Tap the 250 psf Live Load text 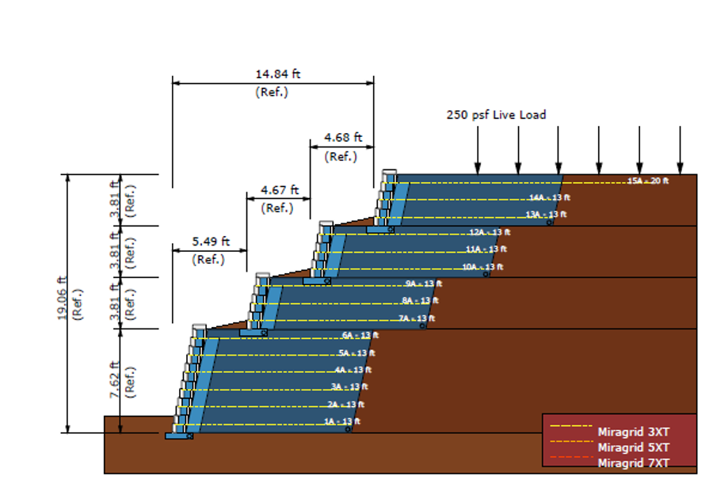tap(496, 115)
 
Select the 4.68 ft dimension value tap(343, 137)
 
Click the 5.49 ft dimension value tap(211, 241)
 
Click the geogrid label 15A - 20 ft tap(648, 181)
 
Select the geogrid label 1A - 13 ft tap(341, 421)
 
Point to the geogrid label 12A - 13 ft tap(489, 232)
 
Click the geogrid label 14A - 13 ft tap(549, 197)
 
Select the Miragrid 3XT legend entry tap(634, 432)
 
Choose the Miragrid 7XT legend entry tap(634, 463)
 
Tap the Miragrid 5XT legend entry tap(634, 447)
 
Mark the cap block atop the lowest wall tap(197, 326)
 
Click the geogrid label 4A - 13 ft tap(351, 370)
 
